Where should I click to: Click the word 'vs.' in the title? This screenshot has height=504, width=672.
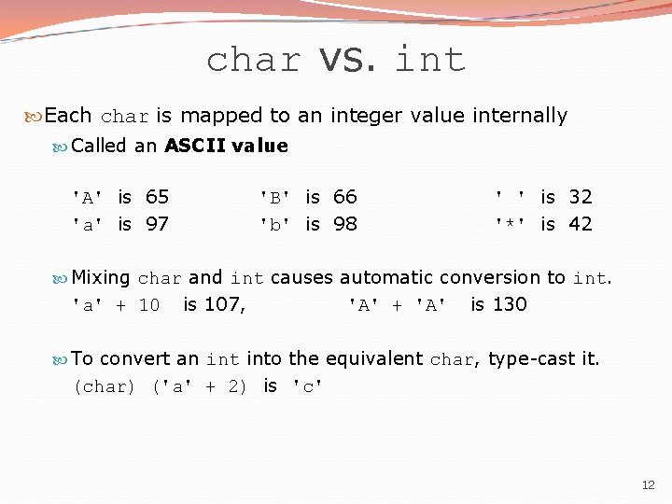pos(347,61)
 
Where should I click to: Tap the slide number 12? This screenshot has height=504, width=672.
pos(649,484)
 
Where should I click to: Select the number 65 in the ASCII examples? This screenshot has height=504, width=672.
pos(157,197)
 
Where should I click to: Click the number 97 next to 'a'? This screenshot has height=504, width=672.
pos(157,224)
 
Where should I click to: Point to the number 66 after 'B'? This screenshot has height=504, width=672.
pos(344,197)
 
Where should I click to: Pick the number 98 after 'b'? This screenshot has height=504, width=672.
pos(344,224)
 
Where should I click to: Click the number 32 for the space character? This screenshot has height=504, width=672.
pos(580,197)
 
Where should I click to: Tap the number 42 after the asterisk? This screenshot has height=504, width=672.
pos(580,224)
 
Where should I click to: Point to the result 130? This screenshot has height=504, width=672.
pos(511,304)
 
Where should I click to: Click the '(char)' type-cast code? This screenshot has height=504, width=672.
pos(104,386)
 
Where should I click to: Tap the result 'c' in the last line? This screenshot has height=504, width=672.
pos(308,386)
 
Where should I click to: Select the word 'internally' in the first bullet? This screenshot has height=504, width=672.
pos(520,116)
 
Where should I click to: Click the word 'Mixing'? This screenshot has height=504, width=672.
pos(101,277)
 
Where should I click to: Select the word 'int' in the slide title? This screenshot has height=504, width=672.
pos(430,61)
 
